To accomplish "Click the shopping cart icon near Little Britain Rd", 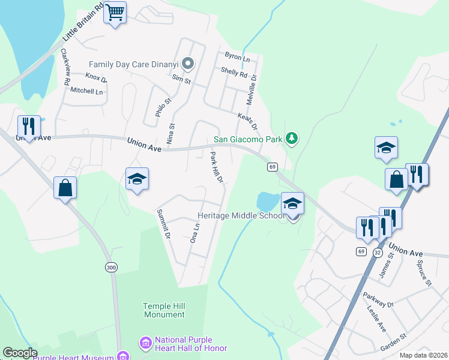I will point(115,12).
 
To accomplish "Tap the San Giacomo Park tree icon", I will point(292,139).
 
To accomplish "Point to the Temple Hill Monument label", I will point(164,310).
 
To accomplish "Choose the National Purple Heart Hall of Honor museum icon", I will point(145,344).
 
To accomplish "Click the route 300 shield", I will point(111,267).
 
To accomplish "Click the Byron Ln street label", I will point(237,57).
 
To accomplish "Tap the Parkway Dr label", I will point(378,299).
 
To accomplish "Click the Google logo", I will point(20,353).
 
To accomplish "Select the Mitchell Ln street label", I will point(87,91).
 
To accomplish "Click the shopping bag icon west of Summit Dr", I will point(65,188).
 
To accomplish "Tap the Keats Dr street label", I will point(247,122).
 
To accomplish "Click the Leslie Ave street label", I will point(376,319).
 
